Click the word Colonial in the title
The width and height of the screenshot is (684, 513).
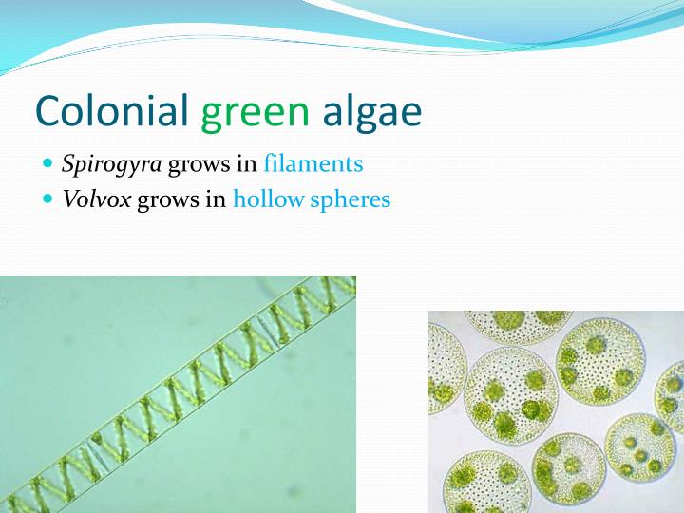[113, 111]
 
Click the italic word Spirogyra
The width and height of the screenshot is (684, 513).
[111, 164]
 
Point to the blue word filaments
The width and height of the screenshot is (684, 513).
[313, 163]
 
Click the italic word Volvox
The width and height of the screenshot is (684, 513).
[96, 199]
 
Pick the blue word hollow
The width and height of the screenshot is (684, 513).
[269, 199]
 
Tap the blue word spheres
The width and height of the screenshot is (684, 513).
[351, 200]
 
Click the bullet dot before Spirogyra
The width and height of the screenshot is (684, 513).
[49, 163]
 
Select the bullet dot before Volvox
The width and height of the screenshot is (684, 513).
[49, 199]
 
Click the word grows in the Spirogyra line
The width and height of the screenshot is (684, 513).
[199, 165]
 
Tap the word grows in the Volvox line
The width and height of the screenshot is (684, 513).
[168, 201]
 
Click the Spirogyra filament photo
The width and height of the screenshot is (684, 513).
[178, 394]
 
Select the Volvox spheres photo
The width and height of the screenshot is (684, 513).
[556, 411]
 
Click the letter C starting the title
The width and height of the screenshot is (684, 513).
[48, 111]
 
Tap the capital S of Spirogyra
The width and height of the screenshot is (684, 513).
[68, 163]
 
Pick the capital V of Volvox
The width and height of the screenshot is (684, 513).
[69, 199]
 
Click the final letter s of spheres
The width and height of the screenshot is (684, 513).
[386, 200]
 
